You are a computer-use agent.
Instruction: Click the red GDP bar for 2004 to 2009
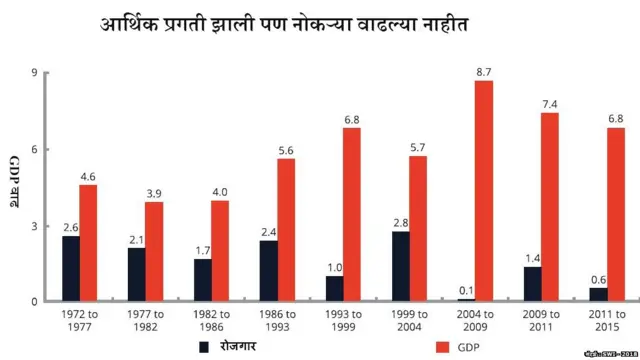click(x=484, y=190)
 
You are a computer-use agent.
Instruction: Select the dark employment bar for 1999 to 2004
click(x=400, y=266)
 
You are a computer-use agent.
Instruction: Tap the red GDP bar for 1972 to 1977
click(x=88, y=243)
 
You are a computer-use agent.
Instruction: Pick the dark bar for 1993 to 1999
click(x=335, y=288)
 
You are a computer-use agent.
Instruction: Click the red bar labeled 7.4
click(x=550, y=207)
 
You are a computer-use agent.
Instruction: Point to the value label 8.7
click(x=484, y=72)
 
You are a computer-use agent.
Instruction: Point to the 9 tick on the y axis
click(x=35, y=73)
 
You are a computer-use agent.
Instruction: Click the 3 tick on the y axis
click(x=35, y=226)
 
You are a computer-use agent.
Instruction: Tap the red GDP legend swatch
click(x=441, y=346)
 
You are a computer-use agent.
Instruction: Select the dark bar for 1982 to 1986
click(x=203, y=280)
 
